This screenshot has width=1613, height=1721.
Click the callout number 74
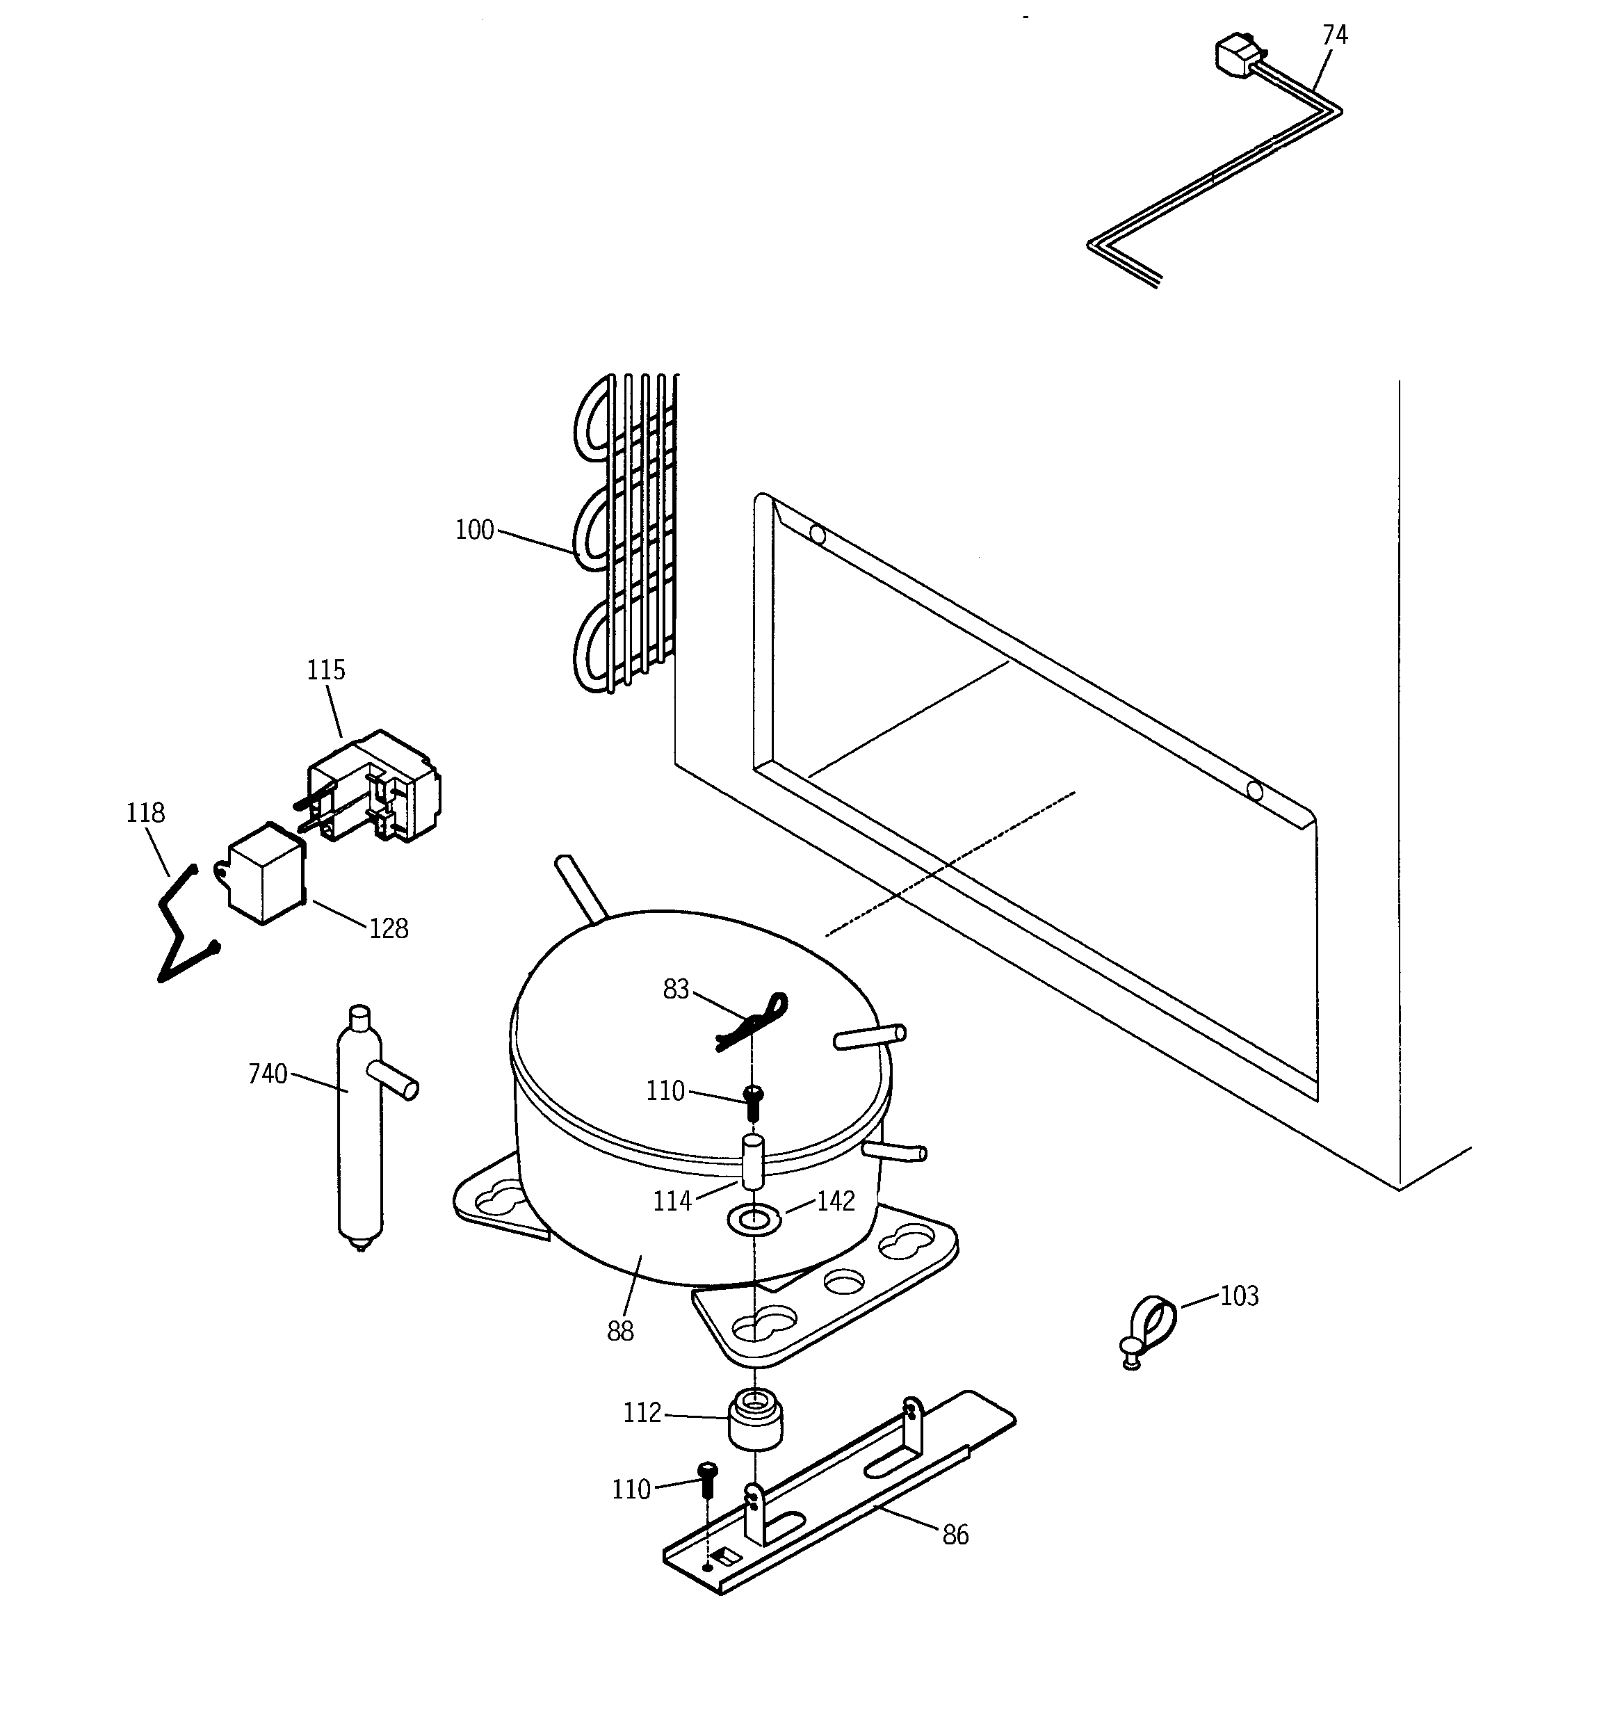1334,35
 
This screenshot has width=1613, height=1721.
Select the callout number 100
474,530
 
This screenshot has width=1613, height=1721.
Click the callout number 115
325,670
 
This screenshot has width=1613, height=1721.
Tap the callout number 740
268,1074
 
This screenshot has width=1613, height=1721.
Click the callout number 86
955,1535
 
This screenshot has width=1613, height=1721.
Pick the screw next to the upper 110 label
753,1102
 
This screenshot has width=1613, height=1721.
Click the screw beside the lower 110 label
707,1481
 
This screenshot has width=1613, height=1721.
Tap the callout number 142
836,1201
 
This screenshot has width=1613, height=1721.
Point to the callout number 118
145,813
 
